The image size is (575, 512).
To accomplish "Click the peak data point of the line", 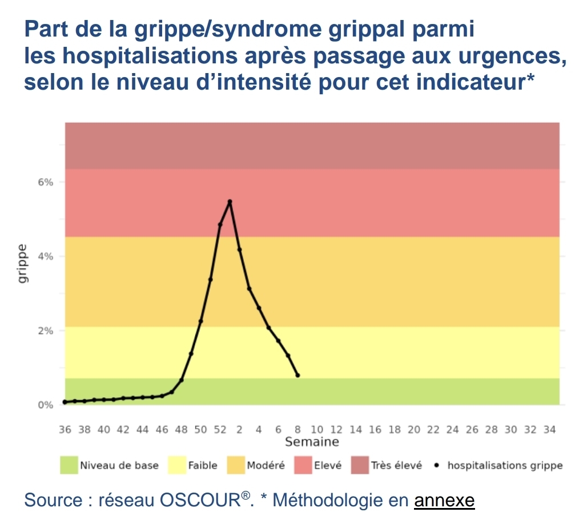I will [230, 201].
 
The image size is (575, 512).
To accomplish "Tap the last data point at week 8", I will [297, 375].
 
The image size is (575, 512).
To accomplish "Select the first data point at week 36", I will [65, 402].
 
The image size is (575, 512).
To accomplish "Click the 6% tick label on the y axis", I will [46, 182].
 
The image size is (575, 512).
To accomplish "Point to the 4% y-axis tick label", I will [46, 256].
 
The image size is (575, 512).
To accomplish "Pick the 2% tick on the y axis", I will [46, 330].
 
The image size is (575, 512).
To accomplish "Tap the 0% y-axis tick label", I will [46, 405].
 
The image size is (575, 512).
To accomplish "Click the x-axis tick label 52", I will [220, 429].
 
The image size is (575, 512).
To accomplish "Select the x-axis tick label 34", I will [550, 429].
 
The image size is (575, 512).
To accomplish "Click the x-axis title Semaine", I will [312, 442].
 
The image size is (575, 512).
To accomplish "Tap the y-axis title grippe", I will [22, 264].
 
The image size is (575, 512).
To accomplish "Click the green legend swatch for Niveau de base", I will [69, 465].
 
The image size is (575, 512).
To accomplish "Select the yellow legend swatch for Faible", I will [177, 465].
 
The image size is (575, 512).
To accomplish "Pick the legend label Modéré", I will [266, 465].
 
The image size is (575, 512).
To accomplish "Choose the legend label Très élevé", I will [396, 465].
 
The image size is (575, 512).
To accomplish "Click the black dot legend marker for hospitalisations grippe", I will [436, 465].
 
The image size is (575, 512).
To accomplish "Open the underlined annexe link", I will [444, 501].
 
